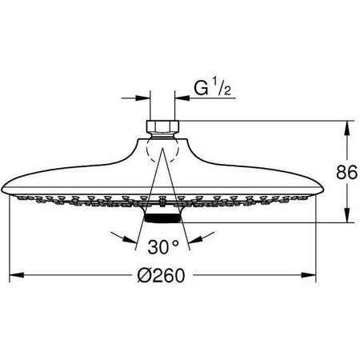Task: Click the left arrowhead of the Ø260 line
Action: pyautogui.click(x=16, y=276)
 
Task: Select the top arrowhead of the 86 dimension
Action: pyautogui.click(x=347, y=126)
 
